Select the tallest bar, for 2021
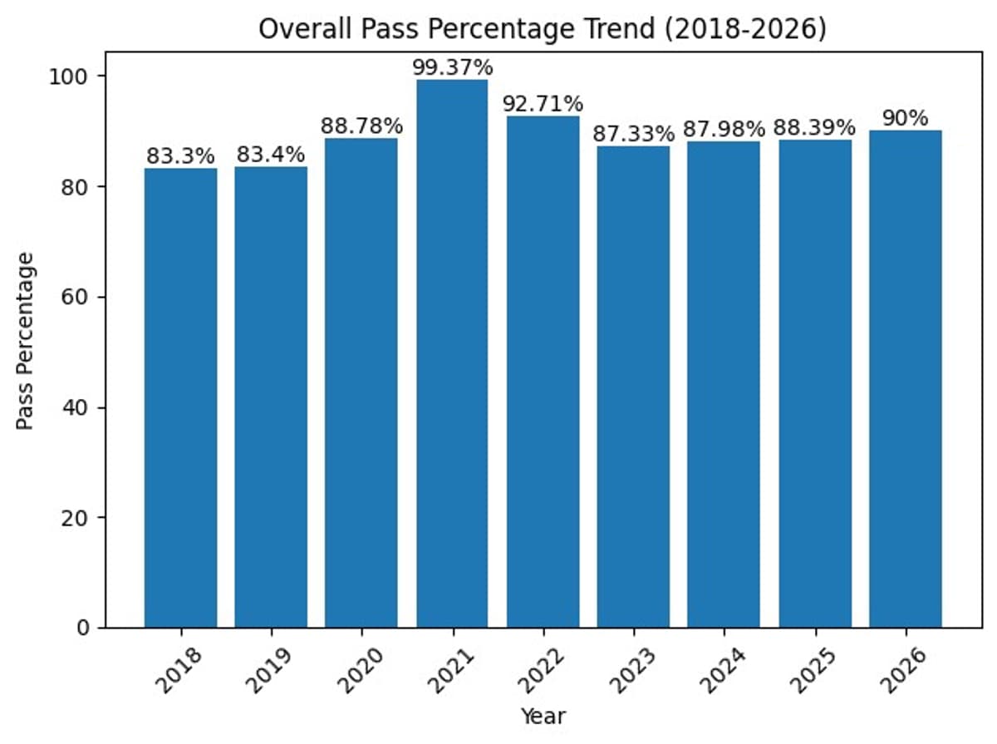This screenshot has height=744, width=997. coord(452,353)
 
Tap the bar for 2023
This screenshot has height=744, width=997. coord(633,387)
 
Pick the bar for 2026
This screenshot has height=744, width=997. coord(905,379)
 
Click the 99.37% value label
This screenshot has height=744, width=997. coord(452,67)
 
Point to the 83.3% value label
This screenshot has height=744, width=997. coord(180,155)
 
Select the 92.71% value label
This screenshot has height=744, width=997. coord(543,104)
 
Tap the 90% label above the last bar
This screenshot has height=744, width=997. coord(905,118)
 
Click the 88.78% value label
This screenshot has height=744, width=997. coord(361,126)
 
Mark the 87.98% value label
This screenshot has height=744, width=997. coord(724,130)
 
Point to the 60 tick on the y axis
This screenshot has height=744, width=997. coord(74,298)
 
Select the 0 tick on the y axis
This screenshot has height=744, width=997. coord(81,628)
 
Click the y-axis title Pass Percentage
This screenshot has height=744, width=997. coord(27,341)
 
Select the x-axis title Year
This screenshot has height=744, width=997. coord(543,716)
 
